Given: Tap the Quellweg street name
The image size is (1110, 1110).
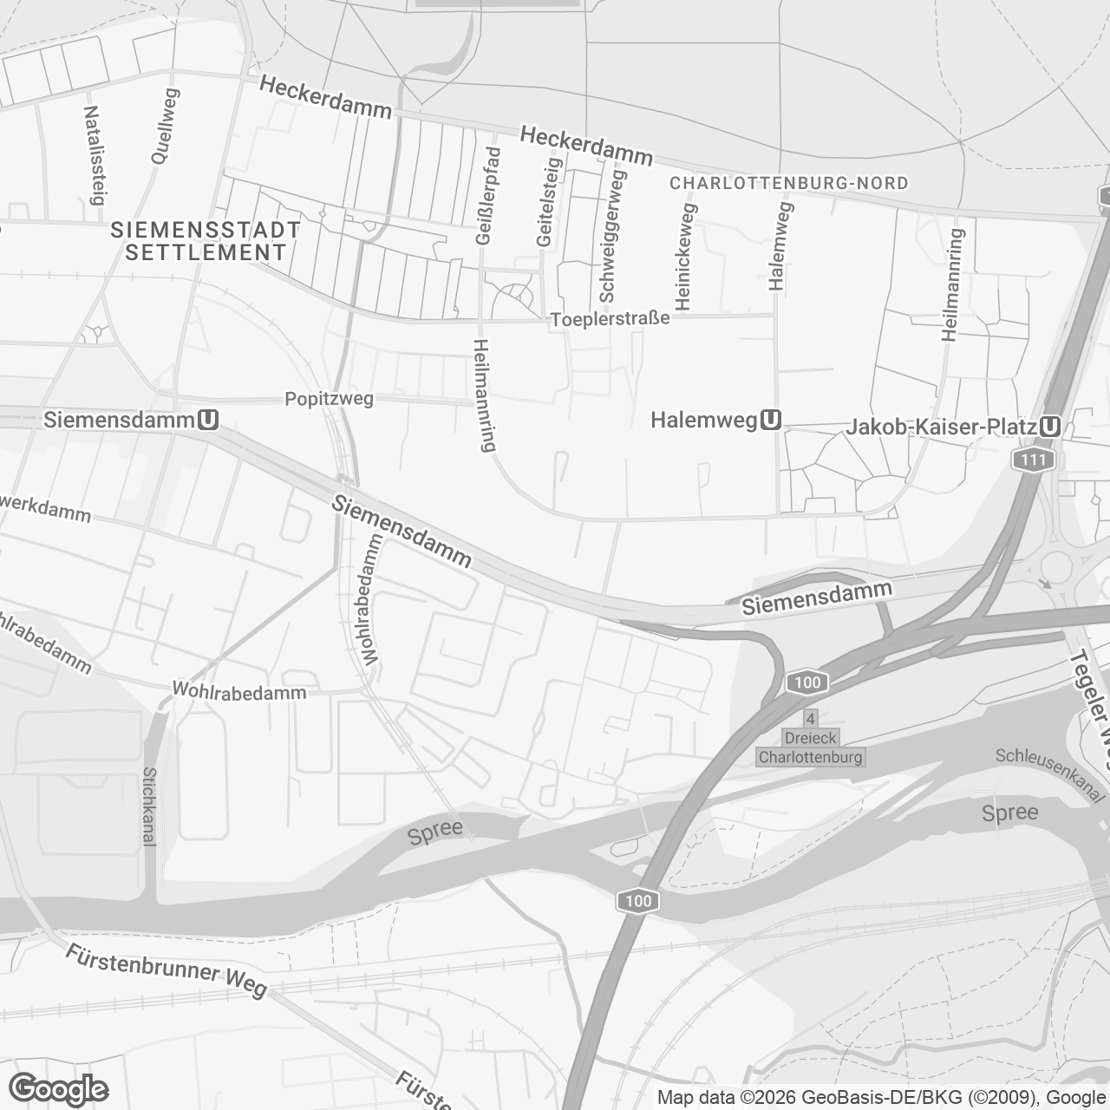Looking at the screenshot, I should [164, 127].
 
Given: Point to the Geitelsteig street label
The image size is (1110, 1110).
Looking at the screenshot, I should [549, 201].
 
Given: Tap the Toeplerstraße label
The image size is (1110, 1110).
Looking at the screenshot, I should [610, 319].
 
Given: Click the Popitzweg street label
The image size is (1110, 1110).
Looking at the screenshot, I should [330, 399].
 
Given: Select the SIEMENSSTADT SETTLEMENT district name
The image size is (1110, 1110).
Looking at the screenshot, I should [206, 241].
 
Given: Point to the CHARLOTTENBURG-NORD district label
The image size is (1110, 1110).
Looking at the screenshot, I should [789, 183].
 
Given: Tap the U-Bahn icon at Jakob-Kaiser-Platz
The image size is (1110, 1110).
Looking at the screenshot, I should [1051, 427].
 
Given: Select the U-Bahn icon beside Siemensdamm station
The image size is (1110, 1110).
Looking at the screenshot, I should [208, 420].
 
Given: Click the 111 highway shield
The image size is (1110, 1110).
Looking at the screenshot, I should [1033, 460].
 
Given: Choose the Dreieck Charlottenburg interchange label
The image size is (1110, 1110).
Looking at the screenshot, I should [811, 748].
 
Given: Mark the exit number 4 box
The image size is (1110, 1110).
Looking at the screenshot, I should [811, 719].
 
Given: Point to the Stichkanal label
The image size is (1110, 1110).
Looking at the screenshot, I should [149, 806].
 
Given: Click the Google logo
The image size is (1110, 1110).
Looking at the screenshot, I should [58, 1089].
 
